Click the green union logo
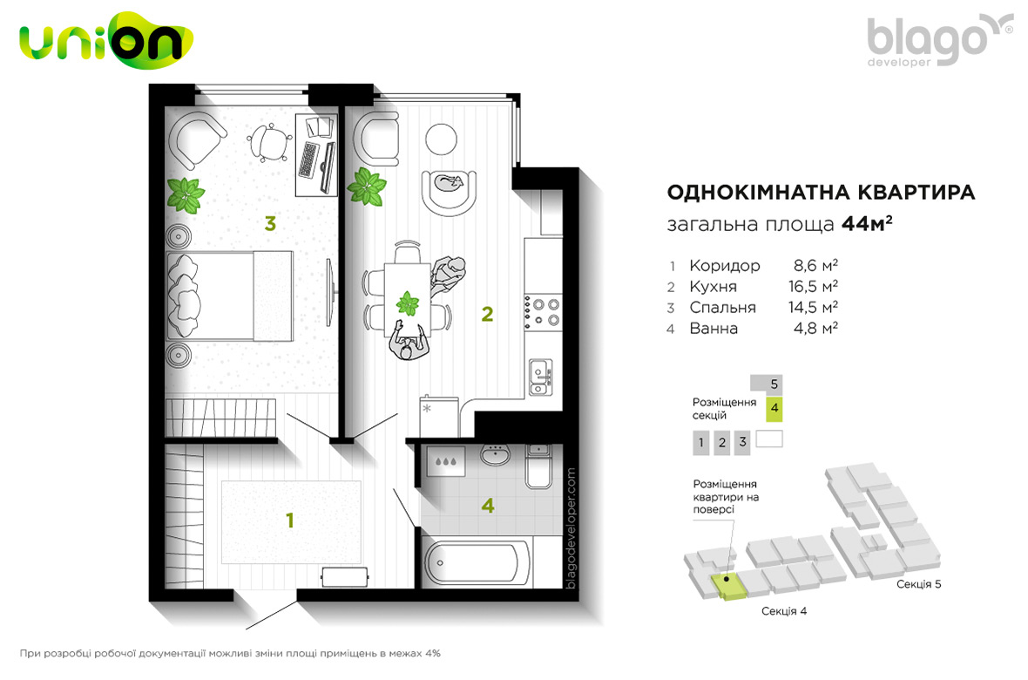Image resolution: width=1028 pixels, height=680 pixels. [x=106, y=40]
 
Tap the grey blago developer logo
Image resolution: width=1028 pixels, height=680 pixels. [x=939, y=40]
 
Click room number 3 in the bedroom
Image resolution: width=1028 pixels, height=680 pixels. [x=270, y=224]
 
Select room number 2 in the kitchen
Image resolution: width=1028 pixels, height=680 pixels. [x=487, y=315]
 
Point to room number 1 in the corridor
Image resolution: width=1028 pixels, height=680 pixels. [x=290, y=520]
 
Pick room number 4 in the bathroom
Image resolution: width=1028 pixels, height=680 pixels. [x=488, y=506]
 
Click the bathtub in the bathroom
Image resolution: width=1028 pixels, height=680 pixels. [x=477, y=563]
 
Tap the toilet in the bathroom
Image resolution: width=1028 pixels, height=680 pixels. [x=538, y=466]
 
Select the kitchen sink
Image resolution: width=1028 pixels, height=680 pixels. [x=541, y=377]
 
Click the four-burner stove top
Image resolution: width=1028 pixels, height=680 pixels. [x=542, y=312]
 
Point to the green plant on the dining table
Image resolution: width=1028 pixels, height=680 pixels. [x=408, y=304]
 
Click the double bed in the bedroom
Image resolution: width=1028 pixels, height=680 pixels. [x=229, y=296]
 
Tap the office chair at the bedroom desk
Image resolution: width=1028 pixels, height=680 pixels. [x=269, y=142]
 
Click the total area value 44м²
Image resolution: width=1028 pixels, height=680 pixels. [x=867, y=224]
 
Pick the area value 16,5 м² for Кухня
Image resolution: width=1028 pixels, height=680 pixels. [x=813, y=286]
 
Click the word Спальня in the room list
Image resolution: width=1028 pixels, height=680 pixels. [x=722, y=307]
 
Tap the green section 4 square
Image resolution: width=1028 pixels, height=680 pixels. [x=774, y=408]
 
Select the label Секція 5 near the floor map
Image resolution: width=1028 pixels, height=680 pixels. [x=918, y=584]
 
